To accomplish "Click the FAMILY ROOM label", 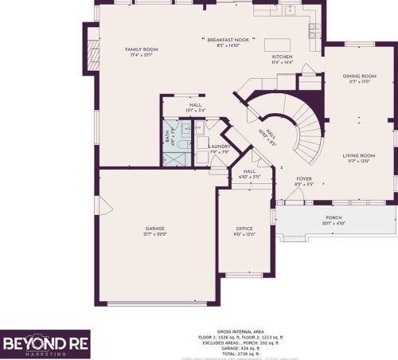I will click(141, 49).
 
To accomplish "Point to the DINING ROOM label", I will click(359, 76).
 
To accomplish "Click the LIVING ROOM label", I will click(359, 155).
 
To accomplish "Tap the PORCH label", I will click(333, 217).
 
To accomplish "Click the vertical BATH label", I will click(167, 136).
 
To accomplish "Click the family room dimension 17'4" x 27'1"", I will click(141, 55).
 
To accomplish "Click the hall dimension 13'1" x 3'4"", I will click(195, 109).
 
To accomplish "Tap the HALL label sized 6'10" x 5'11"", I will click(249, 176).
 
